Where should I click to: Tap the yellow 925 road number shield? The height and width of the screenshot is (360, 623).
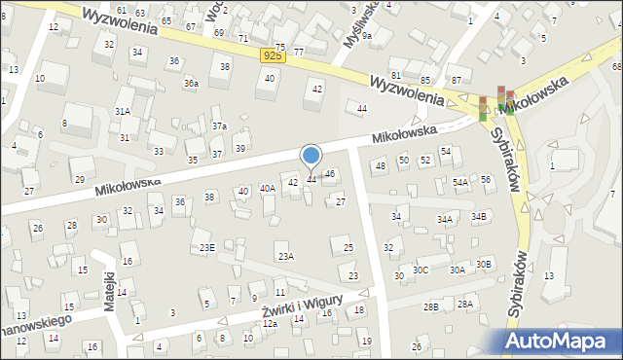[274, 57]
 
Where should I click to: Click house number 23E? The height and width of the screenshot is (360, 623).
[207, 248]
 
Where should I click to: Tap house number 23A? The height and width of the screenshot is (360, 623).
[285, 257]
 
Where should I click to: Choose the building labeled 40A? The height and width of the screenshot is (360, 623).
[267, 188]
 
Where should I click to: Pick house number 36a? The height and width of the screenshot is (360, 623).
[192, 84]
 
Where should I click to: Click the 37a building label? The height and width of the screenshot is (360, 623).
[220, 126]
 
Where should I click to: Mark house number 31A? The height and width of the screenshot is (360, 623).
[123, 112]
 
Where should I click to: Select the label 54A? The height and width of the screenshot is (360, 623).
[460, 182]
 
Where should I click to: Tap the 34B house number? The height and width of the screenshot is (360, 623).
[478, 216]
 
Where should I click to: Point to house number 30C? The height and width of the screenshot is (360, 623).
[421, 270]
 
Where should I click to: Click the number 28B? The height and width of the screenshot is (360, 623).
[431, 307]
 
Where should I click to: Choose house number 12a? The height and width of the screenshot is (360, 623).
[270, 323]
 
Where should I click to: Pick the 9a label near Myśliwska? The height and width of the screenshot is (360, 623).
[367, 35]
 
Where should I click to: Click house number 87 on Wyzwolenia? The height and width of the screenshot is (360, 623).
[456, 79]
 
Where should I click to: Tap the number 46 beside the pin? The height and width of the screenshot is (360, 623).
[330, 173]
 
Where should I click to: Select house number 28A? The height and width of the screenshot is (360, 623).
[465, 305]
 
